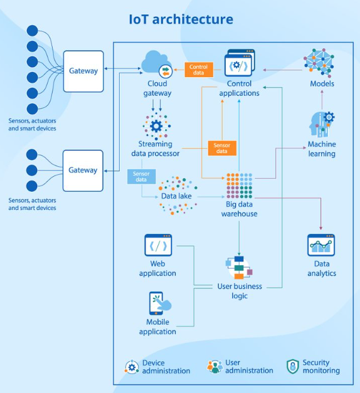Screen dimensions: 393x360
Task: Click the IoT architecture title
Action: coord(181,19)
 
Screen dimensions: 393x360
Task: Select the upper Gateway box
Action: coord(83,71)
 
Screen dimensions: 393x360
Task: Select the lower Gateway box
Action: coord(83,170)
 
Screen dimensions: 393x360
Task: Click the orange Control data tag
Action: coord(198,70)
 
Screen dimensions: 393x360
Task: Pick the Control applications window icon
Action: coord(239,64)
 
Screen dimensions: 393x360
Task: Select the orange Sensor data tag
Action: coord(222,148)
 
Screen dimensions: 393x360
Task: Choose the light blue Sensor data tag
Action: coord(141,177)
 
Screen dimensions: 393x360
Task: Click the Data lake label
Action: coord(176,196)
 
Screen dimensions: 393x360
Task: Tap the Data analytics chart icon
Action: coord(321,246)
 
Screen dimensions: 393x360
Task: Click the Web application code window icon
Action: coord(158,245)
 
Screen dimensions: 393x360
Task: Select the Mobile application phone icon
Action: coord(157,303)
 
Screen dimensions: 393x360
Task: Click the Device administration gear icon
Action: coord(132,367)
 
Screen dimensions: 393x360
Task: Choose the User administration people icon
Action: coord(215,367)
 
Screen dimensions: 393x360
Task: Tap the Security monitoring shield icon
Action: coord(293,367)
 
